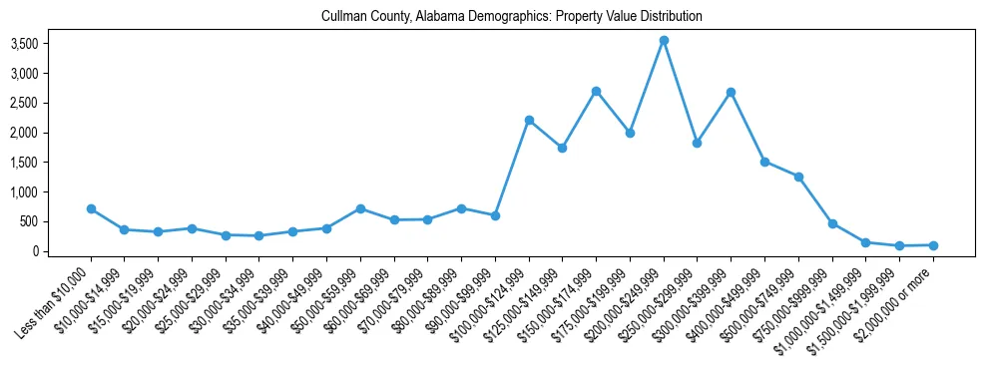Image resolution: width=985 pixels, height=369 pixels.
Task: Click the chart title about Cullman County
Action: (512, 17)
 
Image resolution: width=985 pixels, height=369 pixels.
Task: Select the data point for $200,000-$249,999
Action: (664, 41)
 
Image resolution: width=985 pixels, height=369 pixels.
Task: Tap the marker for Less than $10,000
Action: (91, 209)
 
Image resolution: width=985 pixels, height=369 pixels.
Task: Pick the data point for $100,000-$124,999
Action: (529, 120)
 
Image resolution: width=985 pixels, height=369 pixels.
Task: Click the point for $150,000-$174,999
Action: (596, 91)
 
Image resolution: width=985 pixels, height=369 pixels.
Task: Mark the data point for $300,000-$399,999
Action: (731, 92)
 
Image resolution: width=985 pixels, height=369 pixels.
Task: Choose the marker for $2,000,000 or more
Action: (933, 245)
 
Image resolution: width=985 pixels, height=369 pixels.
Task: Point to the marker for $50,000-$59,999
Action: (360, 208)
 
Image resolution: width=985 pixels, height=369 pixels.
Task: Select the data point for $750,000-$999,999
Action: (832, 223)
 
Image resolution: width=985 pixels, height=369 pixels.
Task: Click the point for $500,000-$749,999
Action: (798, 177)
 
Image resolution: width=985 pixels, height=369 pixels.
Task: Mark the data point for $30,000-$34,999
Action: (259, 236)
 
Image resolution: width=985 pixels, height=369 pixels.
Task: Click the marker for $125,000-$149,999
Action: (563, 148)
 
